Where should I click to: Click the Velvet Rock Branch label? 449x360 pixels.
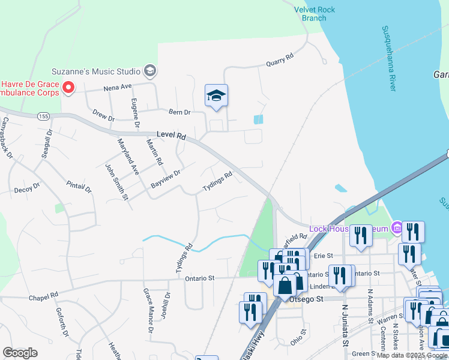tap(315, 13)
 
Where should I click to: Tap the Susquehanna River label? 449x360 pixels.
tap(390, 58)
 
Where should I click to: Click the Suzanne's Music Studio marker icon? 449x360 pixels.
tap(150, 71)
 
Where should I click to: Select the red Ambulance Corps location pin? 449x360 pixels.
tap(68, 88)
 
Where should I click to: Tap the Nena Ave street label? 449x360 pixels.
tap(118, 88)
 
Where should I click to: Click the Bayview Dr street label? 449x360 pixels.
tap(166, 179)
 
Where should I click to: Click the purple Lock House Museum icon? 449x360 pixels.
tap(396, 228)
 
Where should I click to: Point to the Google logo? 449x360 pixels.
tap(20, 353)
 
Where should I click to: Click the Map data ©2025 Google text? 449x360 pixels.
tap(412, 355)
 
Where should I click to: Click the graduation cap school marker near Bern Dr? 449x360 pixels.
tap(216, 95)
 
